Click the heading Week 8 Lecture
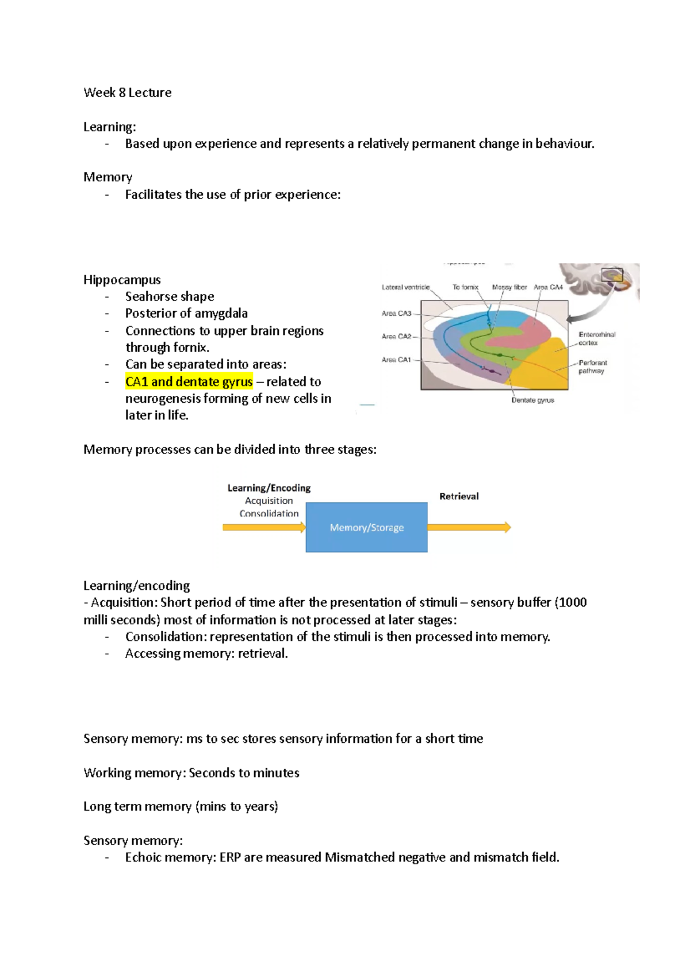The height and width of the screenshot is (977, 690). (127, 93)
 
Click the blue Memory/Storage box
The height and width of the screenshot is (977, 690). (366, 528)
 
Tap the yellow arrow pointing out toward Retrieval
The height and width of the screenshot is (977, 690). (469, 528)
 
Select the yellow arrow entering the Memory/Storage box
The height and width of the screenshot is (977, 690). (264, 528)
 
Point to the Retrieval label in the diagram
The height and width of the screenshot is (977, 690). (459, 497)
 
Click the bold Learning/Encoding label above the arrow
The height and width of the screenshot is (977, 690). (269, 488)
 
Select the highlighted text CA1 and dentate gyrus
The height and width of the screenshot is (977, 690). (189, 382)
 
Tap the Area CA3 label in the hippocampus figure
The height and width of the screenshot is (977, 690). (397, 314)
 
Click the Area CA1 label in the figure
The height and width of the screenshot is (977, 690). (396, 360)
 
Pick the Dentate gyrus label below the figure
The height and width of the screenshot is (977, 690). (532, 400)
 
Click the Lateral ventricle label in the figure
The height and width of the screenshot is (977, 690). (405, 287)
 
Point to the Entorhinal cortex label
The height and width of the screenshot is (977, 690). (596, 338)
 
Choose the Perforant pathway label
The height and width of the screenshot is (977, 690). (592, 367)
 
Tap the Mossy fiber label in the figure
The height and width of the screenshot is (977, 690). (509, 287)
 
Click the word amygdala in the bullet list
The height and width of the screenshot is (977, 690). (221, 314)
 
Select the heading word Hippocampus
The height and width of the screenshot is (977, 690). (122, 280)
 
